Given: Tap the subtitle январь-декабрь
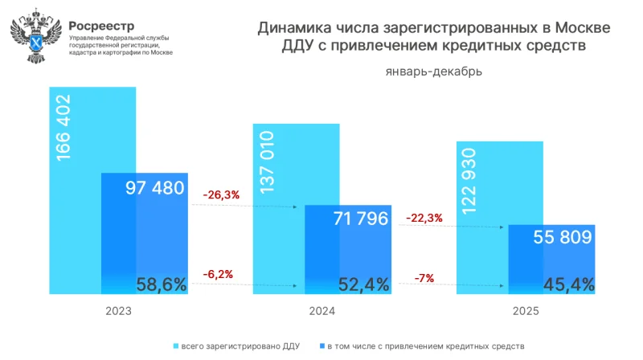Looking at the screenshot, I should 434,72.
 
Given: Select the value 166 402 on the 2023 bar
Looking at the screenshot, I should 63,129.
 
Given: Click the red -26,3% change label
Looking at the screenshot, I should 220,194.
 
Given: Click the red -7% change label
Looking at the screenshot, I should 424,278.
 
